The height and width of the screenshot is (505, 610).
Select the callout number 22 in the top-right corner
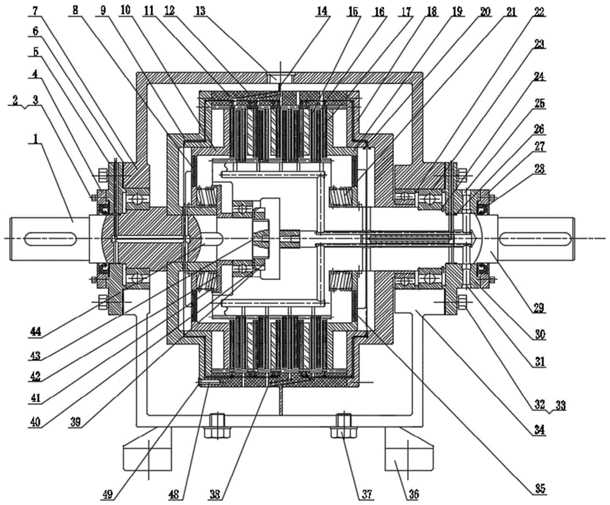(x=539, y=12)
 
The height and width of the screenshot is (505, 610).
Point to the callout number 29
(x=539, y=307)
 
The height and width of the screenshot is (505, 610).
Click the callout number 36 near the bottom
(x=413, y=494)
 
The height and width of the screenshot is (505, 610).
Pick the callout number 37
(x=367, y=494)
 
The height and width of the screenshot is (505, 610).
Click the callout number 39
(x=75, y=421)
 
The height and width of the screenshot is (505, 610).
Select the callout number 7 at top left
(x=36, y=11)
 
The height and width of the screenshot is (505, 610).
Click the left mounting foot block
(x=148, y=452)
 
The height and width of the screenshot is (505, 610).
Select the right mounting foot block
(x=409, y=452)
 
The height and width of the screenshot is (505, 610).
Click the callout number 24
(x=539, y=77)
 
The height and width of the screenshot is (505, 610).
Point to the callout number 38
(x=215, y=494)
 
